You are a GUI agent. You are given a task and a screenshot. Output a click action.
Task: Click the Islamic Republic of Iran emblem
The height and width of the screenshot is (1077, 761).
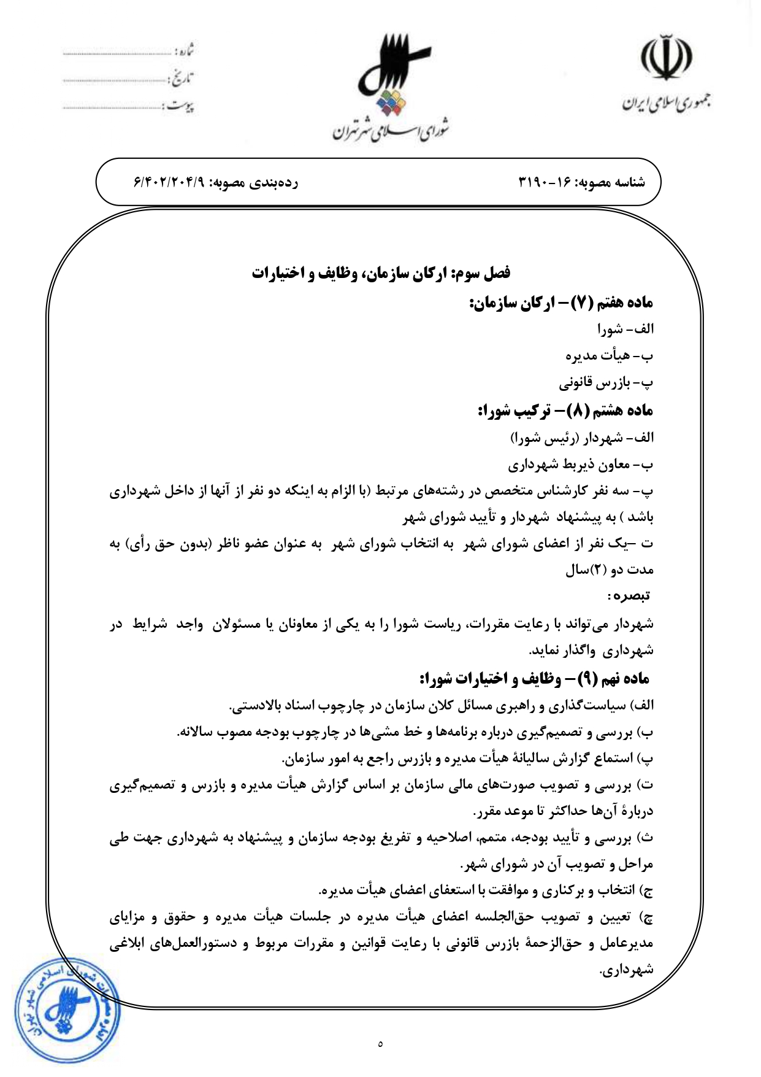[667, 58]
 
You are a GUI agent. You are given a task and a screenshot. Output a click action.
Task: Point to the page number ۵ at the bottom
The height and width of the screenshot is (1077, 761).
[381, 1043]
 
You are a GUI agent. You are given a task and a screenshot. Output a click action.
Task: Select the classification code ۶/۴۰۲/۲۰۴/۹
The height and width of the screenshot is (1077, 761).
[168, 182]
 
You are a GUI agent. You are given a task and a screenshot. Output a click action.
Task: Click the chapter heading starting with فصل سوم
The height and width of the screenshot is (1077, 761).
[380, 273]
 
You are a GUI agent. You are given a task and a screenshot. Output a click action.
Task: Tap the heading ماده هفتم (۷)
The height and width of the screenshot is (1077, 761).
[561, 303]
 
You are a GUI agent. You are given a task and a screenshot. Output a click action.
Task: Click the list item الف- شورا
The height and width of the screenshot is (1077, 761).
[625, 330]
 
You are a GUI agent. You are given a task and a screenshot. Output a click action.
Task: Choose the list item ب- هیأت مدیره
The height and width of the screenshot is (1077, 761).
[610, 356]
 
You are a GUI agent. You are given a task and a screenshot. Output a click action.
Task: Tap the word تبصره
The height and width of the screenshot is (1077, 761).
[629, 595]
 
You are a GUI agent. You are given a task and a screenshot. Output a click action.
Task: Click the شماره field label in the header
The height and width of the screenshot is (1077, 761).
[185, 50]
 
